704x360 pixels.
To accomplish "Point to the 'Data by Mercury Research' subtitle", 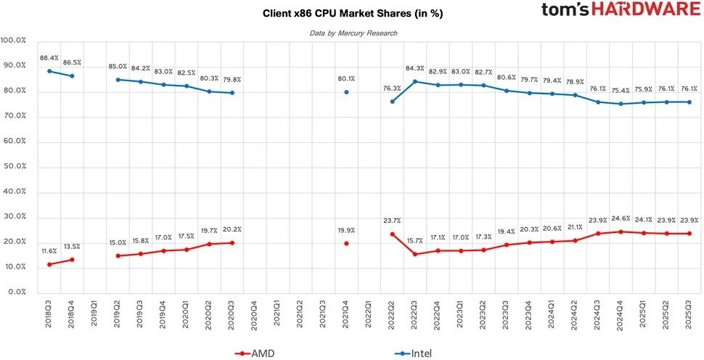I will pos(353,33).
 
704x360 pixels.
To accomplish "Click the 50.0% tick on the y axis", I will pos(14,166).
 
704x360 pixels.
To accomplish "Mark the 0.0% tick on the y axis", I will pos(15,292).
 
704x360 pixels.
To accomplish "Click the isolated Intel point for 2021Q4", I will pos(346,92).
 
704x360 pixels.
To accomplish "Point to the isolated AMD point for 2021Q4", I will pos(346,243).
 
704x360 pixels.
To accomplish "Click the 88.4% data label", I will pos(49,57).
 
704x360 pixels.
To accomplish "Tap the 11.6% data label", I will pos(49,250).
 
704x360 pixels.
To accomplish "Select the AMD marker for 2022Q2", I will pos(392,234).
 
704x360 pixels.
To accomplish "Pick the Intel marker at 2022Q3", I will pos(415,81).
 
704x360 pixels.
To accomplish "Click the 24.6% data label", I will pos(621,218).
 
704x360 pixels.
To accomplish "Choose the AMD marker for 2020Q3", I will pos(232,242).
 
